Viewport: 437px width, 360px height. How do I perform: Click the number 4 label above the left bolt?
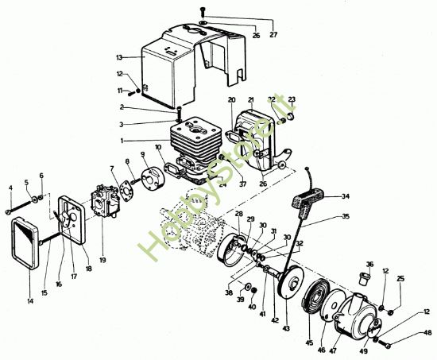(x=11, y=188)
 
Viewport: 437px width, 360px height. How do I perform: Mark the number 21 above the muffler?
(x=250, y=100)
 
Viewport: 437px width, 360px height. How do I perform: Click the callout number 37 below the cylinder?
(x=242, y=185)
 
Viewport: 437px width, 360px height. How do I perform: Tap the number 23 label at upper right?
(x=292, y=100)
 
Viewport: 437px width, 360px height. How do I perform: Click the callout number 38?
(x=230, y=292)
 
